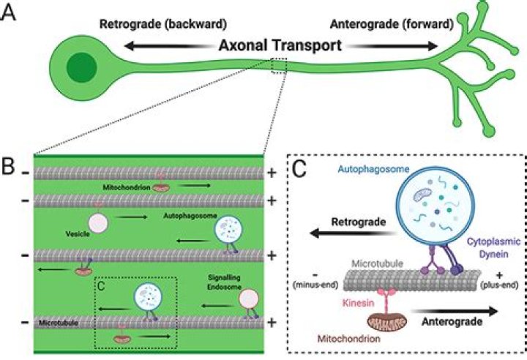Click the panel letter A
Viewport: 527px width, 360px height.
[x=10, y=13]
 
